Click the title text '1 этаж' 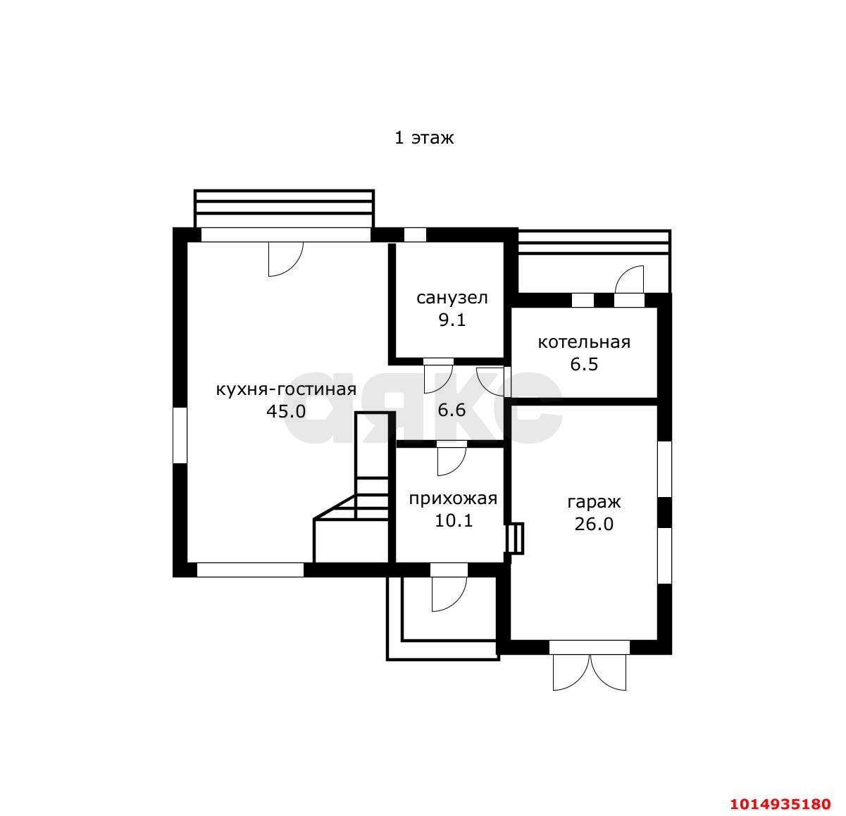pyautogui.click(x=424, y=138)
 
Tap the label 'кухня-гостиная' pyautogui.click(x=286, y=390)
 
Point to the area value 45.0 pyautogui.click(x=286, y=411)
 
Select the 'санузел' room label pyautogui.click(x=452, y=298)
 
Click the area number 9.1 pyautogui.click(x=452, y=320)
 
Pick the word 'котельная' pyautogui.click(x=584, y=342)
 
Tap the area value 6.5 pyautogui.click(x=584, y=364)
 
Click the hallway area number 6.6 pyautogui.click(x=452, y=410)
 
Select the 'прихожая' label pyautogui.click(x=453, y=499)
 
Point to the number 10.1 pyautogui.click(x=454, y=520)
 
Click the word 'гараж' pyautogui.click(x=594, y=503)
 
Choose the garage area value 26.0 pyautogui.click(x=594, y=525)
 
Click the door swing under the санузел pyautogui.click(x=439, y=379)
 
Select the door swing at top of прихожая pyautogui.click(x=452, y=461)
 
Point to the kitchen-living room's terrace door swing pyautogui.click(x=285, y=259)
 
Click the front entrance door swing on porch pyautogui.click(x=449, y=594)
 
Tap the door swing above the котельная pyautogui.click(x=629, y=280)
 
